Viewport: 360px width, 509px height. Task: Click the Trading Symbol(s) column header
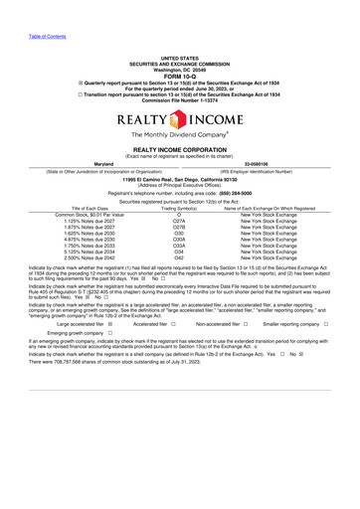[179, 208]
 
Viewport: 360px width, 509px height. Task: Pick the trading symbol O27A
[179, 222]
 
